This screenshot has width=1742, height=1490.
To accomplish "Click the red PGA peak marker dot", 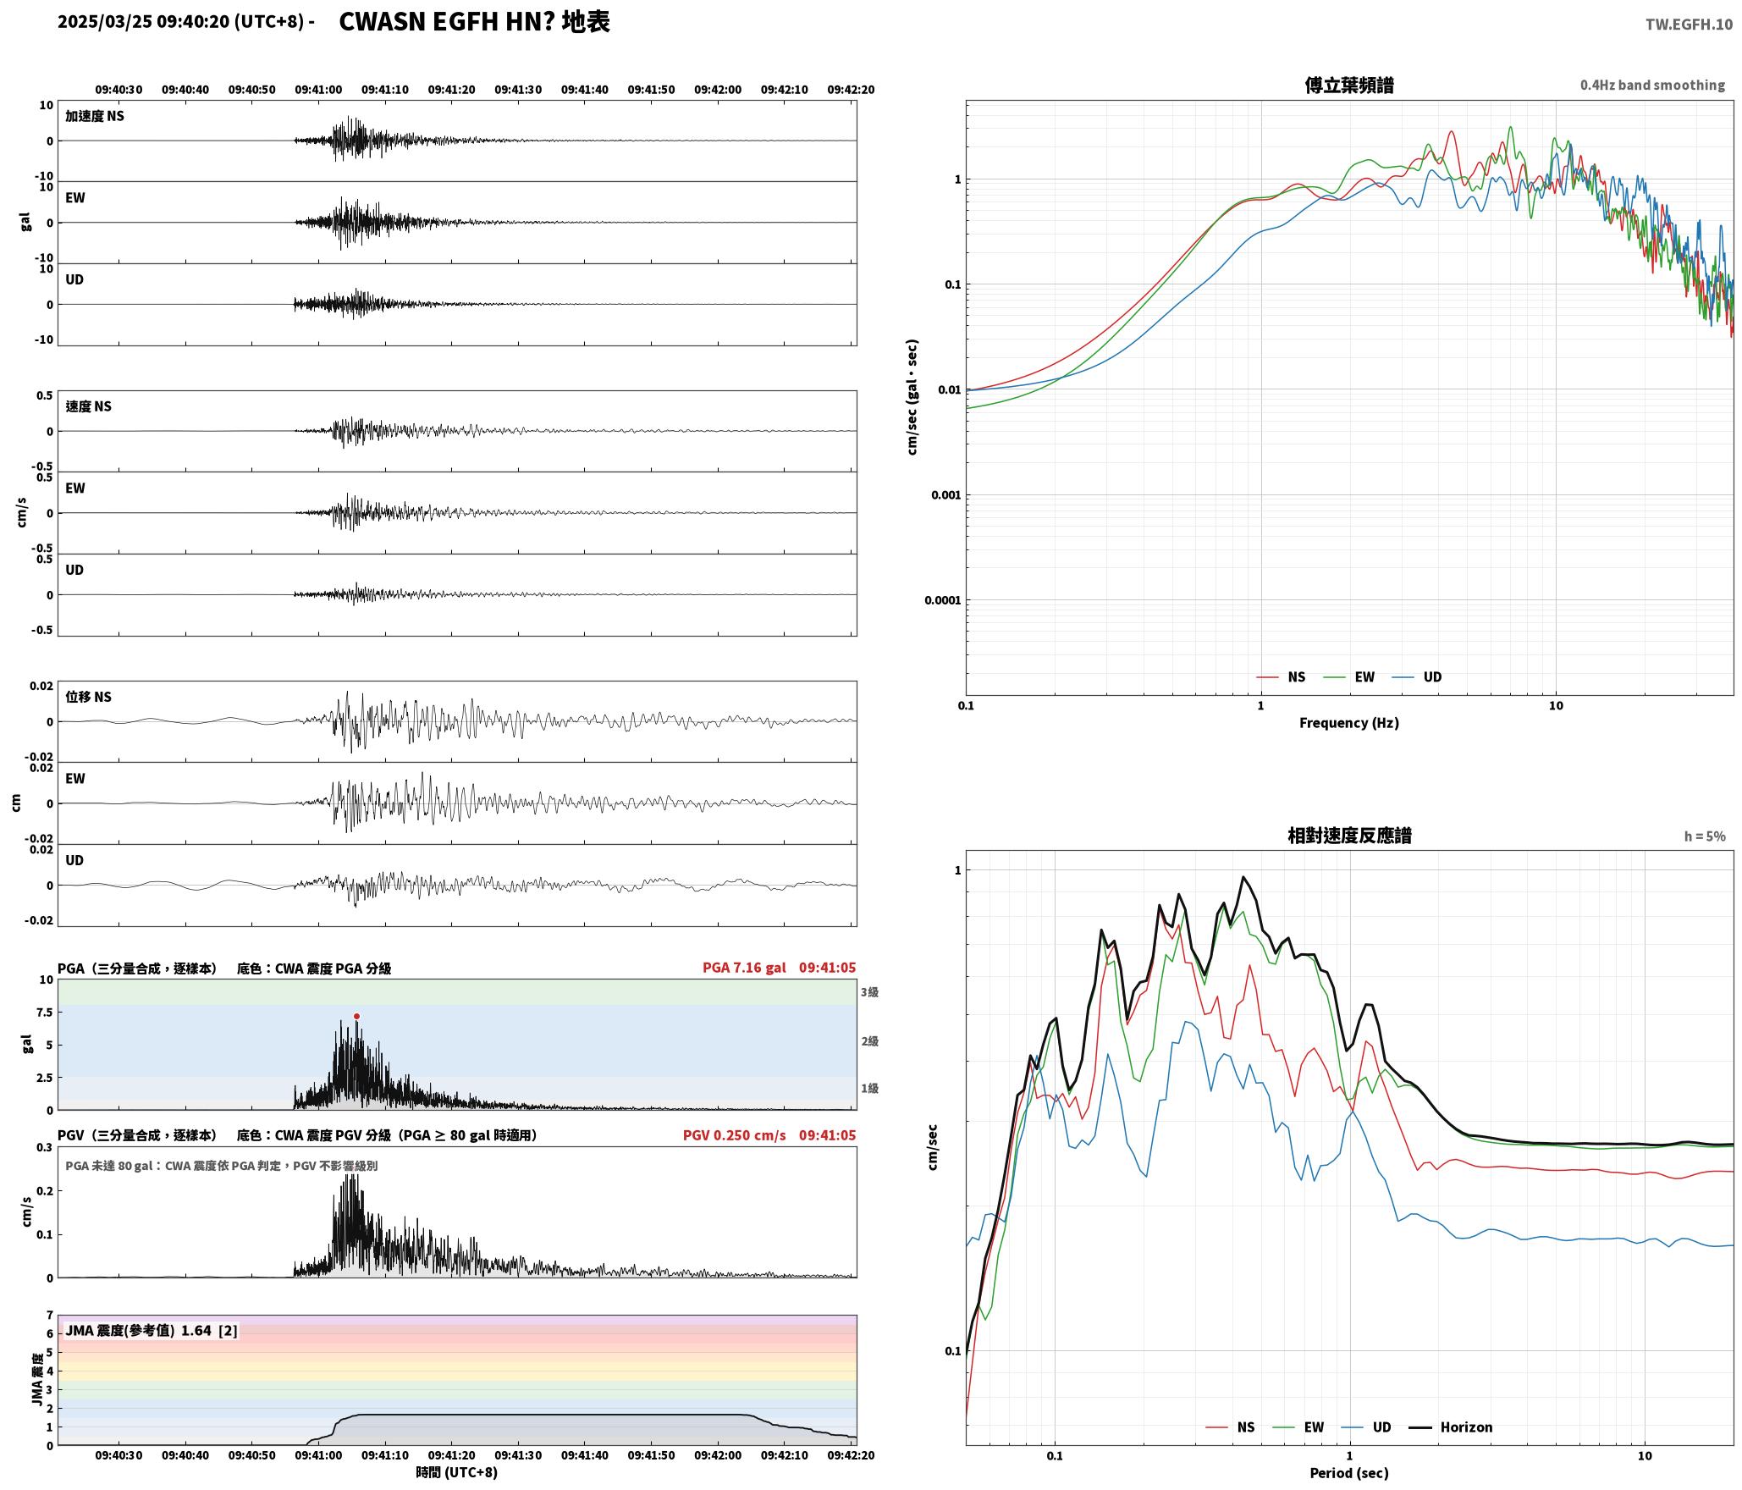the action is [x=356, y=1016].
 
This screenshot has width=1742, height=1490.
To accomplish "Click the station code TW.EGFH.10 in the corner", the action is [x=1689, y=25].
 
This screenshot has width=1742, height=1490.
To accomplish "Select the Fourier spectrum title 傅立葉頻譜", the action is [x=1349, y=85].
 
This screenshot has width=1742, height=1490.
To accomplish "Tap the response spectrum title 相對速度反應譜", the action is [x=1349, y=836].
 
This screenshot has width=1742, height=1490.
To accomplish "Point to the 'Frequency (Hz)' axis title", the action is [x=1349, y=723].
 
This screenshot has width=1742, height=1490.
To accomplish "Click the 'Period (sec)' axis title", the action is [x=1349, y=1473].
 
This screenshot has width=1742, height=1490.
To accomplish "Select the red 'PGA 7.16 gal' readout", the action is [x=744, y=968].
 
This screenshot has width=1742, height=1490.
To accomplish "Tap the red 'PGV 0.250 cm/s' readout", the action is [x=734, y=1135].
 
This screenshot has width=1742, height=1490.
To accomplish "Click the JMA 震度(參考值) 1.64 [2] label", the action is [x=152, y=1331].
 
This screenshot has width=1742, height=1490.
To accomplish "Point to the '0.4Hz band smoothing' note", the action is [x=1652, y=86].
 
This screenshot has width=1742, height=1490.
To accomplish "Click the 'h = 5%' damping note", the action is [x=1705, y=836].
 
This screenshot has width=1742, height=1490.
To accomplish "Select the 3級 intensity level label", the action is [x=870, y=992].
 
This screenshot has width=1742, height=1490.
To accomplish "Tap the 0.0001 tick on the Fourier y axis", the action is [x=943, y=600].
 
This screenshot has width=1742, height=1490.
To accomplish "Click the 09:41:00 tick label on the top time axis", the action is [x=318, y=90].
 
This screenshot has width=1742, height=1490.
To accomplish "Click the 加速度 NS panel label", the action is [x=95, y=116].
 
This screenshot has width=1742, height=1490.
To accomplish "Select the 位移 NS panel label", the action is [x=89, y=697].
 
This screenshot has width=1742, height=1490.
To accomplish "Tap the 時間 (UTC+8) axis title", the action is [x=456, y=1472].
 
